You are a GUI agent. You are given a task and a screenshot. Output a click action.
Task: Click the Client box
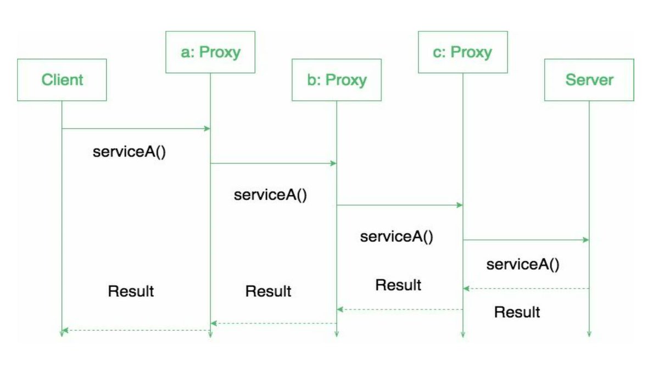[x=62, y=80]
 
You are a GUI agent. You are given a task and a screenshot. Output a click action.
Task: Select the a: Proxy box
[x=210, y=52]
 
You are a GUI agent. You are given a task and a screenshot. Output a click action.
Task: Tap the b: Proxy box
[x=336, y=80]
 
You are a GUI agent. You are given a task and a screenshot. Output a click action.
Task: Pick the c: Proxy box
[x=462, y=52]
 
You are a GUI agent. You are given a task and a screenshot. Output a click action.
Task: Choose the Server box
[x=589, y=80]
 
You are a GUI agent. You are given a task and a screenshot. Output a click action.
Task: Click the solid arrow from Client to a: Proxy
[x=136, y=129]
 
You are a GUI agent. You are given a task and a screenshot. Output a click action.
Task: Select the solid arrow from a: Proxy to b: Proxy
[x=273, y=163]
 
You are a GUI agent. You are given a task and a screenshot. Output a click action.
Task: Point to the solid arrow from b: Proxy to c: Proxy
[x=399, y=205]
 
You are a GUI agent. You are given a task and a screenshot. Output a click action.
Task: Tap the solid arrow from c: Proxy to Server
[x=526, y=240]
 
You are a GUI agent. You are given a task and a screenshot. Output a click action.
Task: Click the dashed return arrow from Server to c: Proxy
[x=526, y=289]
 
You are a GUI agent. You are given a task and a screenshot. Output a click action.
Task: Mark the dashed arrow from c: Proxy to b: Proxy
[x=399, y=310]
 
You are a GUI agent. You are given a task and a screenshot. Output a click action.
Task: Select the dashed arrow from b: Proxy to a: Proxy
[x=273, y=324]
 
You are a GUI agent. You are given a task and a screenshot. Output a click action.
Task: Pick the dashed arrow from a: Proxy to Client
[x=136, y=330]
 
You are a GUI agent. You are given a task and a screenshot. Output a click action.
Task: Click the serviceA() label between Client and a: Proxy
[x=129, y=152]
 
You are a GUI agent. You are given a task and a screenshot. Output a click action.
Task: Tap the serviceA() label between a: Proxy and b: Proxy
[x=270, y=195]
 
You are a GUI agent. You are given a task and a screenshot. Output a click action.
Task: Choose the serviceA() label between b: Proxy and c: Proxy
[x=396, y=237]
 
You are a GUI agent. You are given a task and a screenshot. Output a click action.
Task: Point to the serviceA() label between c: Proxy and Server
[x=523, y=264]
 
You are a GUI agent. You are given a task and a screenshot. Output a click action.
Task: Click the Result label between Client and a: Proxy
[x=131, y=291]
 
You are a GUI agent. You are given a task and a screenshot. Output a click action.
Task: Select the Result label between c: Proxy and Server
[x=517, y=312]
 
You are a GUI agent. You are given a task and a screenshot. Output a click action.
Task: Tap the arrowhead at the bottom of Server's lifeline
[x=589, y=334]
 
